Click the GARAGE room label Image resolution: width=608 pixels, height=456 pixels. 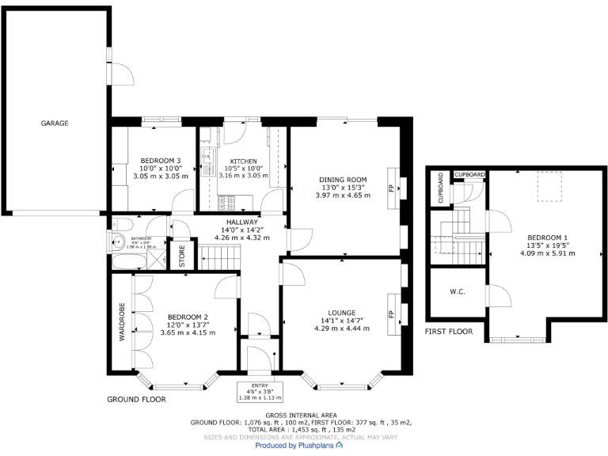55,123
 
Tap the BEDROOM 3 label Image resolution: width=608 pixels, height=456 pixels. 161,161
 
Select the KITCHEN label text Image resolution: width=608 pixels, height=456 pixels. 243,161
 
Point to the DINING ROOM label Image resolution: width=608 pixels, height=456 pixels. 343,179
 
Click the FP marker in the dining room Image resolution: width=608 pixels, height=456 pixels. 390,188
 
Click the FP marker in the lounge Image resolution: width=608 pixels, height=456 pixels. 390,313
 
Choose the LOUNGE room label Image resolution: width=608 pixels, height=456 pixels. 342,313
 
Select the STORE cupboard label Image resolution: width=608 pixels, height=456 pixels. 180,256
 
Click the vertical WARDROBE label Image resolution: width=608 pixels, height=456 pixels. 122,321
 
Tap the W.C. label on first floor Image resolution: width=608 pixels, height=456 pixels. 457,292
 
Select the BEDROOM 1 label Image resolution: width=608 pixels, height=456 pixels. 547,237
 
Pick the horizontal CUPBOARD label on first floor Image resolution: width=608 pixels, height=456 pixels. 469,174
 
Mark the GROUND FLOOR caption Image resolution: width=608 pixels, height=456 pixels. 136,400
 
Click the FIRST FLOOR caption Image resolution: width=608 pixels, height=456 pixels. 449,332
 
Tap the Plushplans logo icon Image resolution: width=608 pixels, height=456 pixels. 340,446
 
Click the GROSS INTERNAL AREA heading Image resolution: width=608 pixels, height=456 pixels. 301,415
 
